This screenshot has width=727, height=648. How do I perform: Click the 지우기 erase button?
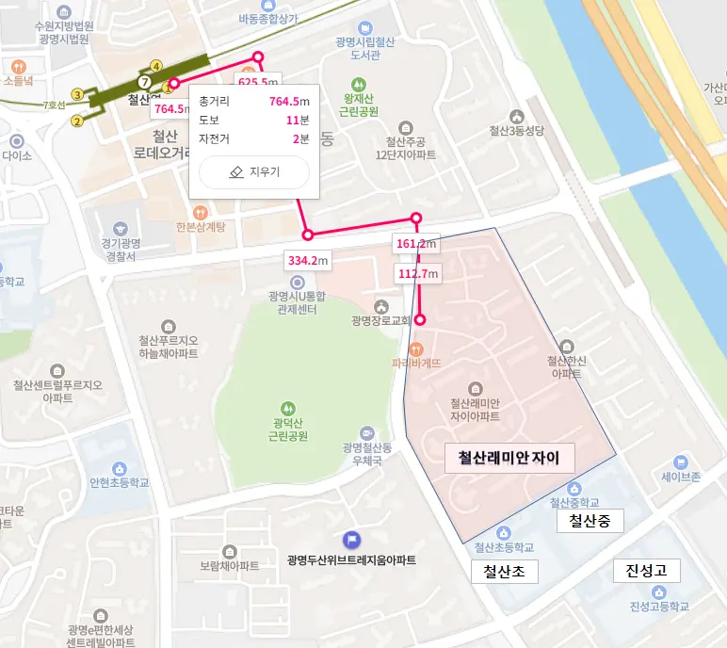(254, 172)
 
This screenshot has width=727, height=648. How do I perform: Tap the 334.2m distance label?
(308, 260)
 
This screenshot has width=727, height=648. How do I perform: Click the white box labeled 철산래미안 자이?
(509, 459)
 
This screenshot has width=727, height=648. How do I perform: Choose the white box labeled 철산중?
(590, 520)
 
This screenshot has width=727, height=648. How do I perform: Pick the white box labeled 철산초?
(504, 571)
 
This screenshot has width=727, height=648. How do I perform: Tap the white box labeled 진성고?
(646, 571)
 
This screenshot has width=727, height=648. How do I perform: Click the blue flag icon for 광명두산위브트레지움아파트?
(351, 541)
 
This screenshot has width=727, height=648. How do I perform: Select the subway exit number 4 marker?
(156, 66)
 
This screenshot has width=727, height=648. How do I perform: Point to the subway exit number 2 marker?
(77, 120)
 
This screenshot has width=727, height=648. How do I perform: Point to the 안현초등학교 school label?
(120, 481)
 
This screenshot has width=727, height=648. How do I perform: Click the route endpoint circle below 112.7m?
(420, 320)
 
